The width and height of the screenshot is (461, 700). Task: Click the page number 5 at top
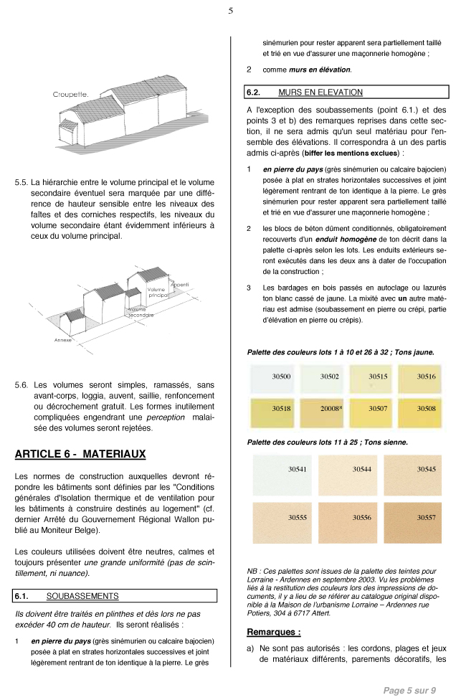pos(230,11)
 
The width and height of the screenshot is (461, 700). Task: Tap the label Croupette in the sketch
pos(70,94)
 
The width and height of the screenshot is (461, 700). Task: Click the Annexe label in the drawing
pos(63,339)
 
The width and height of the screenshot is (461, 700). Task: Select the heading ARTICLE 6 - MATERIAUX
pos(80,453)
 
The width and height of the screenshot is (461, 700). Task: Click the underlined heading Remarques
pos(273,633)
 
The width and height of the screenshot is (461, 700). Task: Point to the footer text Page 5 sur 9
pos(409,690)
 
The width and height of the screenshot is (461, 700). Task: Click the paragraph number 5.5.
pos(22,182)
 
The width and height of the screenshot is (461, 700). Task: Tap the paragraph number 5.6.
pos(22,385)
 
